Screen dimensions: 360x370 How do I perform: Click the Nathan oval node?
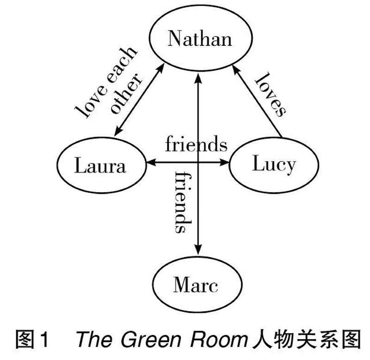[x=199, y=39]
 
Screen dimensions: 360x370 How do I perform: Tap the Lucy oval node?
[x=274, y=164]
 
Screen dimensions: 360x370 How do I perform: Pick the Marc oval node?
[x=196, y=286]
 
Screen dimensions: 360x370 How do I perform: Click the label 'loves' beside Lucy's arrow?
[x=270, y=93]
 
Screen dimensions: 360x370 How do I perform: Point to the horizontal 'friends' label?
[x=197, y=144]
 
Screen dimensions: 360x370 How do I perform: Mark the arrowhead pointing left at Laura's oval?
[x=152, y=162]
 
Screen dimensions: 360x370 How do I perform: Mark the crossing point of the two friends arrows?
[x=198, y=162]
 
